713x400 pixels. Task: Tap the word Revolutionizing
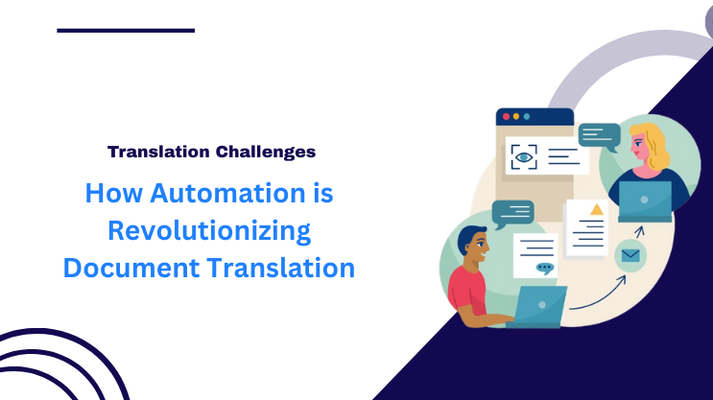(209, 230)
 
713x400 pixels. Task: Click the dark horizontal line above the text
(126, 31)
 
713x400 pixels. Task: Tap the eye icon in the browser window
(524, 156)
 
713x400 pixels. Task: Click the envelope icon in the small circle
(630, 256)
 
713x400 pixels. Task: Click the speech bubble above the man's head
(511, 212)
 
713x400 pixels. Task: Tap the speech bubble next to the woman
(599, 135)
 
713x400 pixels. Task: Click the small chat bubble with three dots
(545, 269)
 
